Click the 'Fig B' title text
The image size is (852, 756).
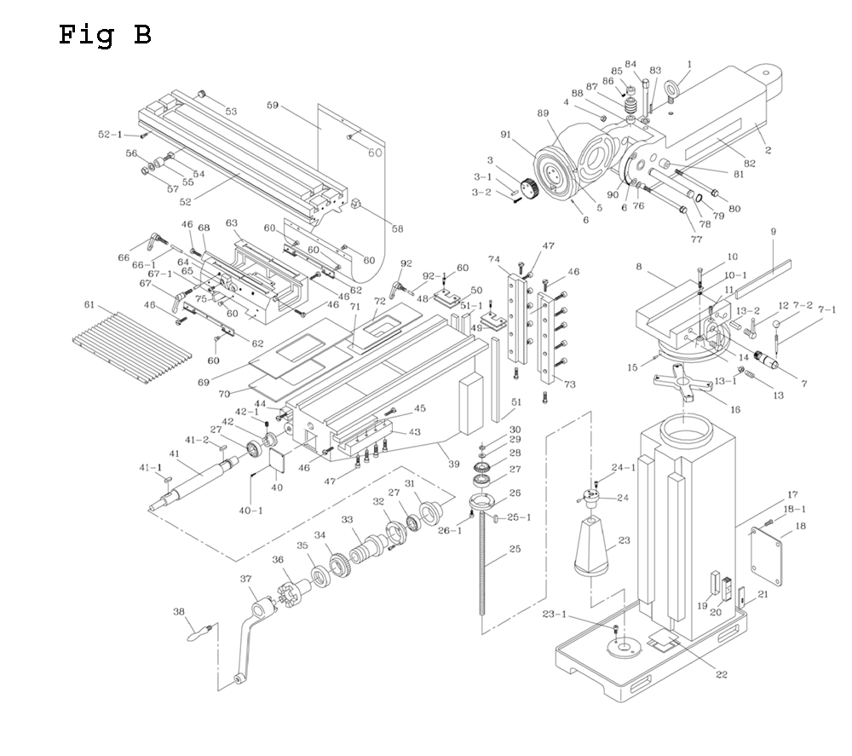pyautogui.click(x=105, y=35)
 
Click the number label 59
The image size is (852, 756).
pyautogui.click(x=272, y=106)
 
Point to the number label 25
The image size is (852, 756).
pyautogui.click(x=515, y=549)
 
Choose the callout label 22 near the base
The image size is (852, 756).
pyautogui.click(x=721, y=675)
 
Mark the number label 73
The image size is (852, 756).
pyautogui.click(x=568, y=384)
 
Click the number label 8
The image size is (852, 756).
pyautogui.click(x=638, y=267)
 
